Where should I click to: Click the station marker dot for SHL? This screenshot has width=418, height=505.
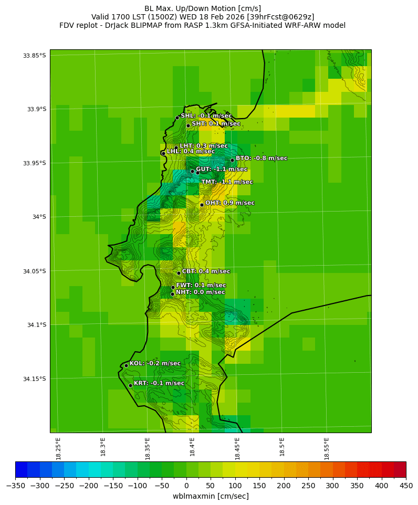[177, 118]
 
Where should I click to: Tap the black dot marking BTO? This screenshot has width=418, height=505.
[232, 160]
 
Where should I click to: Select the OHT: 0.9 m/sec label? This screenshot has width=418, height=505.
[229, 203]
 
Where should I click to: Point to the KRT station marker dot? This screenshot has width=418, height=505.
[130, 385]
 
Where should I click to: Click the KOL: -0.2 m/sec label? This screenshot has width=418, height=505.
[155, 363]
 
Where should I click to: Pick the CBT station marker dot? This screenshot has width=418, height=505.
[179, 273]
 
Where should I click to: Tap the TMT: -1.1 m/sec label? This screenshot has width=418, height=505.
[227, 182]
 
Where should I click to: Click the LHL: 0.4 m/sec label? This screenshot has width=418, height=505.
[191, 151]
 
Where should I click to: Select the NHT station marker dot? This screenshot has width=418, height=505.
[172, 294]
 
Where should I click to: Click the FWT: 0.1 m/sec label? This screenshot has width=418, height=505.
[201, 286]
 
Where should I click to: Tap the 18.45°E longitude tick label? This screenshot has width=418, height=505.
[237, 448]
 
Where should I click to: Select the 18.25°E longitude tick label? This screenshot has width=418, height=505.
[58, 448]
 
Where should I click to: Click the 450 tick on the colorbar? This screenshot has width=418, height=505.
[405, 485]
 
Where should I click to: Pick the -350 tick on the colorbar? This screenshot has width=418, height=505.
[15, 485]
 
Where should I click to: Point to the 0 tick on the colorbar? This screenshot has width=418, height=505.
[186, 485]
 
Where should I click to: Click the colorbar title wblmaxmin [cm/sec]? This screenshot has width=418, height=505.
[211, 496]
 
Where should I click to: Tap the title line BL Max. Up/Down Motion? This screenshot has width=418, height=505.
[203, 8]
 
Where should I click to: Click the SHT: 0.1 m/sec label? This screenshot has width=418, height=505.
[216, 124]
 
